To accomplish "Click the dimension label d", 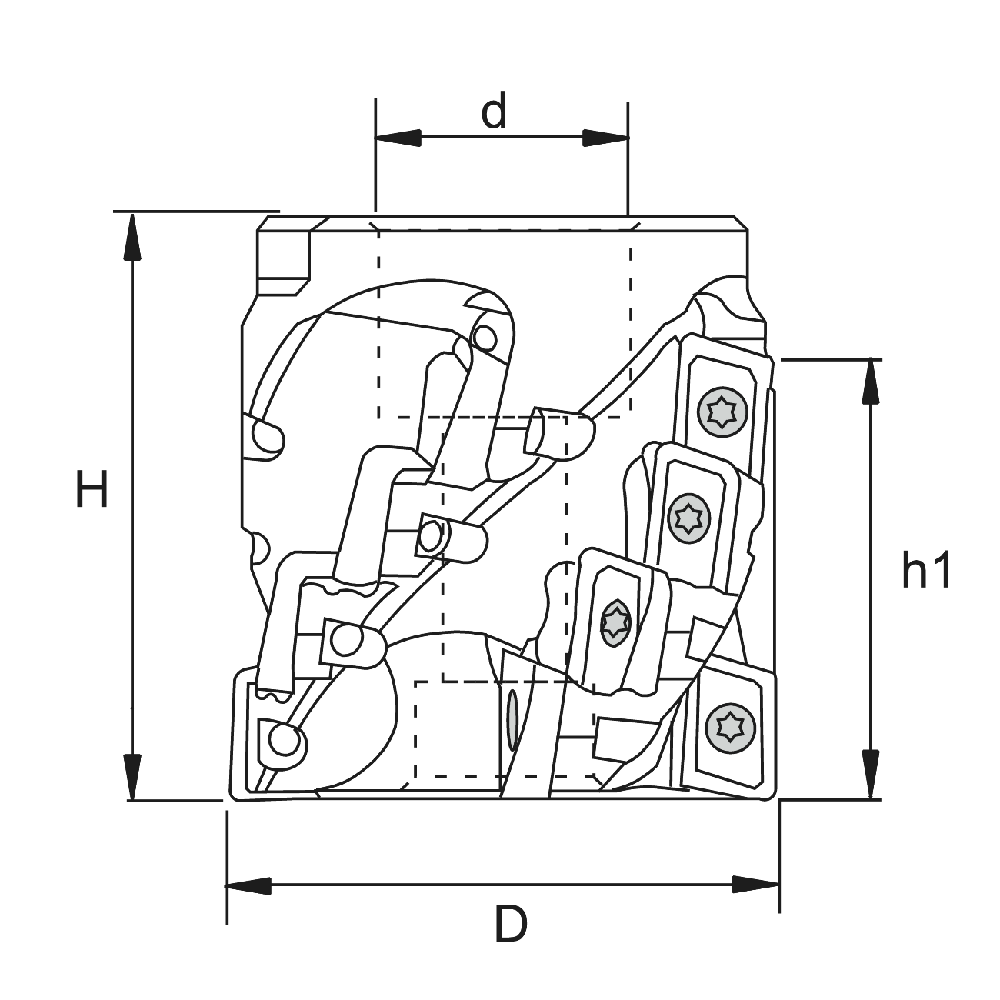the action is tap(494, 112).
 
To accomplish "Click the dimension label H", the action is tap(92, 488).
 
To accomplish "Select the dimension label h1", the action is tap(926, 568).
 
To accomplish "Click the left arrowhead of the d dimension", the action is tap(398, 138).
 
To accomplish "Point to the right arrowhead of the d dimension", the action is tap(605, 138).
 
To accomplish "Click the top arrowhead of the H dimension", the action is tap(133, 236).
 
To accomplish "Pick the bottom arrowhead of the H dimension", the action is tap(133, 777).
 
